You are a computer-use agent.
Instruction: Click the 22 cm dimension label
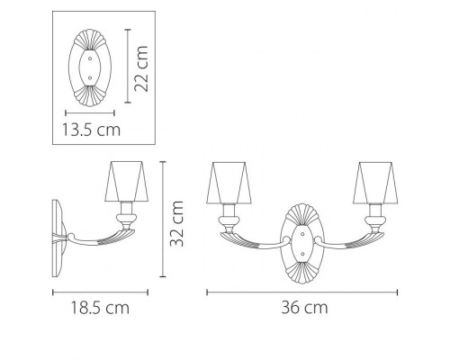point(141,68)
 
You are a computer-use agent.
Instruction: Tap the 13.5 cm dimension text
point(91,130)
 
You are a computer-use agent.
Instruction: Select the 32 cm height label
point(176,224)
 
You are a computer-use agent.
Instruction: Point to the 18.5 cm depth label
point(100,308)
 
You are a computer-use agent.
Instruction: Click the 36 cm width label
point(304,308)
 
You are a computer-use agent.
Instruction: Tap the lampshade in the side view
point(127,182)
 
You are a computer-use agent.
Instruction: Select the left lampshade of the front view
point(229,183)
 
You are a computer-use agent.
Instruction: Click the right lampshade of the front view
point(376,183)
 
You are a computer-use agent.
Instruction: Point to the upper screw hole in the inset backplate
point(90,58)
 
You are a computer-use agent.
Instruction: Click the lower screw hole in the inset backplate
point(90,78)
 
